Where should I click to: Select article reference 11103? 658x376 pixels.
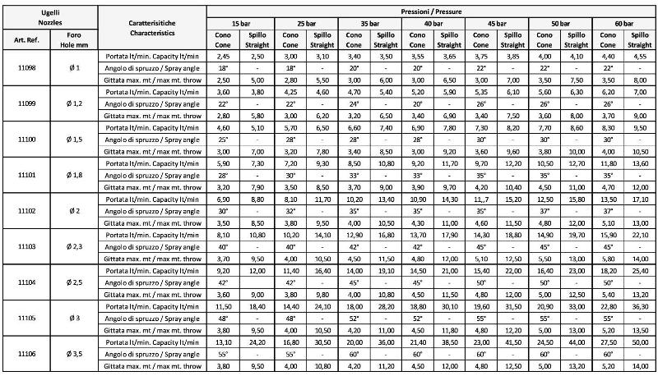click(x=25, y=245)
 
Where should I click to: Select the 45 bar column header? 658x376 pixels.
click(x=497, y=23)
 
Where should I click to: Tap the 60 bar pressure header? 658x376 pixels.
click(x=626, y=23)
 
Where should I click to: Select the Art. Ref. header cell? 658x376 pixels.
click(x=25, y=39)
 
